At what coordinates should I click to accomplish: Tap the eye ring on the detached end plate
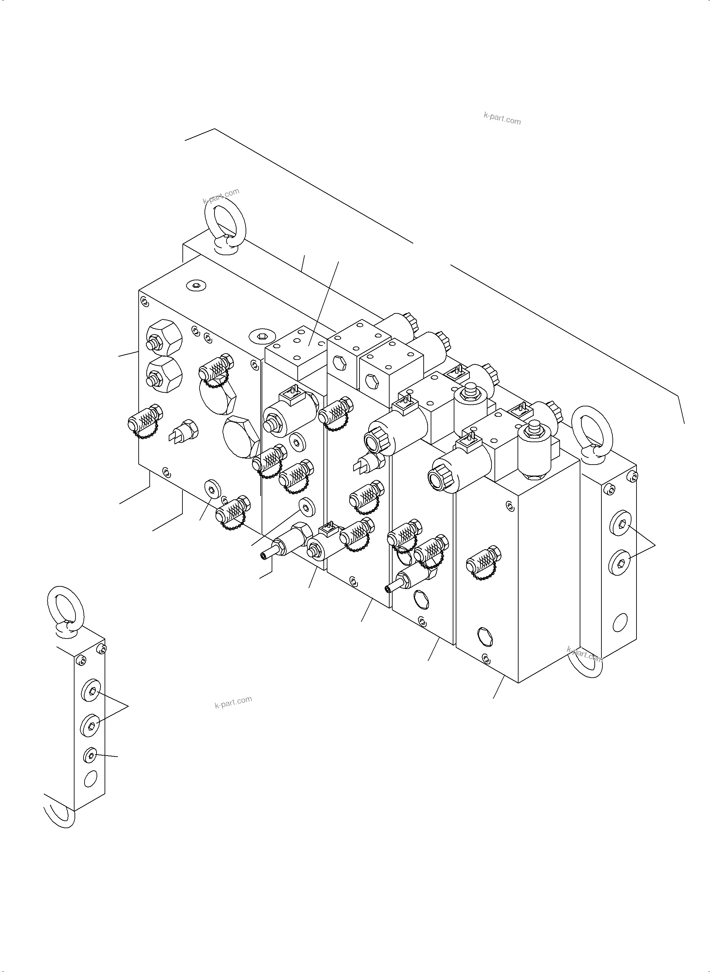[64, 607]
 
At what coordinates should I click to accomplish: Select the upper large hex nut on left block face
[164, 337]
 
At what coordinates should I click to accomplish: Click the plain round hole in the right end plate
[620, 622]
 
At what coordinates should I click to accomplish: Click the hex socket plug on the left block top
[197, 285]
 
